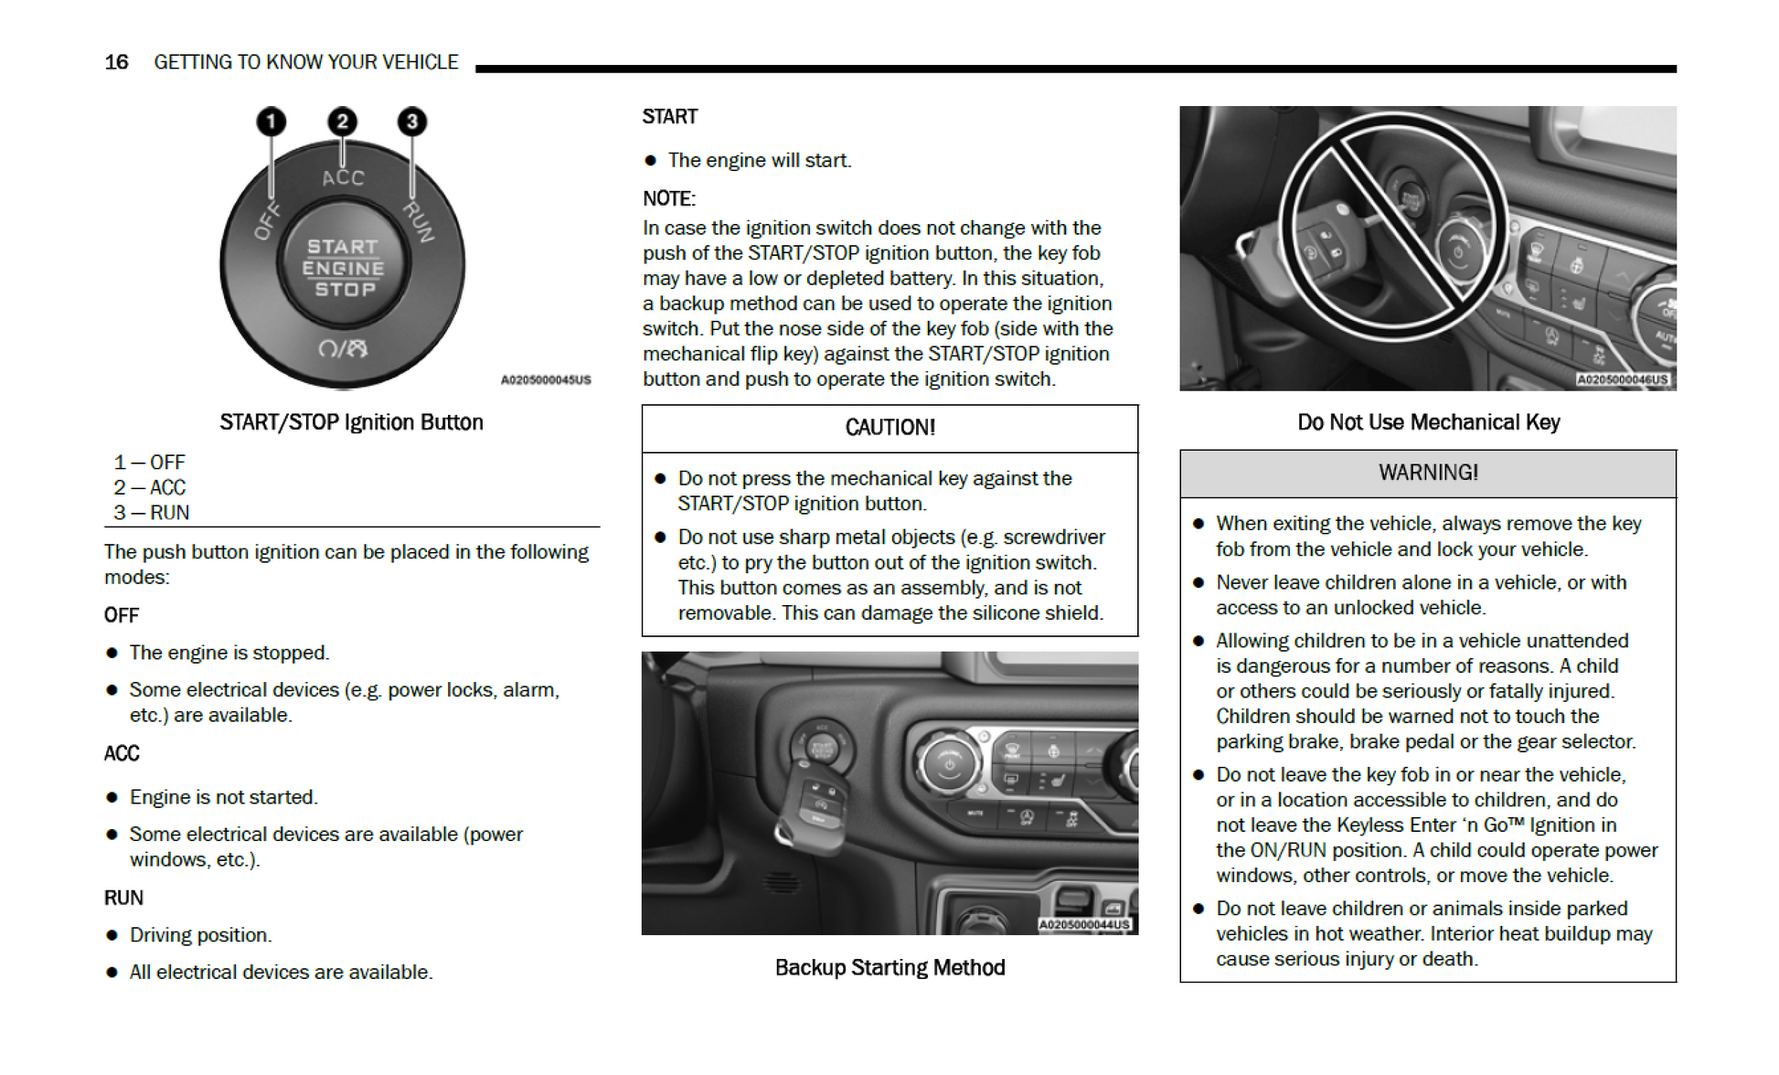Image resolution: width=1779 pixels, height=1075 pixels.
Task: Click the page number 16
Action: point(116,62)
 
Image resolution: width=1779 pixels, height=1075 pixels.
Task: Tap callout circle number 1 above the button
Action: point(271,122)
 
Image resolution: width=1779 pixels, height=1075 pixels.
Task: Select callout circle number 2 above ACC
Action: point(342,122)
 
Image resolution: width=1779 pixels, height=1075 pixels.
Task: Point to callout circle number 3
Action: point(412,122)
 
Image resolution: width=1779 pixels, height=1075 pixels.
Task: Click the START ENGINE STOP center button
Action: point(343,268)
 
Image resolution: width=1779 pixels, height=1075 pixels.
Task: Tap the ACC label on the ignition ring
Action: point(343,178)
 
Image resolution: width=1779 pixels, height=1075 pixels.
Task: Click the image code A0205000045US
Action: point(545,380)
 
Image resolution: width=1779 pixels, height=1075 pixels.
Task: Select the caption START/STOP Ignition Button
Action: point(351,422)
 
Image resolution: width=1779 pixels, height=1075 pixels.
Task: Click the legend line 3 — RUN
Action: point(152,513)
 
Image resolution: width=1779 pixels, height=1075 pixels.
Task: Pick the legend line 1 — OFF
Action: point(150,463)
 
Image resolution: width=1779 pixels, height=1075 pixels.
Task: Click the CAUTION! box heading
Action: point(889,428)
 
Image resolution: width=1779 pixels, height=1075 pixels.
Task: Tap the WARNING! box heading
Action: point(1428,473)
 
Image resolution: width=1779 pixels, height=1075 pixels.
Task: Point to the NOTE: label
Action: point(668,199)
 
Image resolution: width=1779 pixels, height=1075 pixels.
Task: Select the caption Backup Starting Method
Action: point(889,968)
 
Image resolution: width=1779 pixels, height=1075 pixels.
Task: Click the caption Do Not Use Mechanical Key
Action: point(1428,422)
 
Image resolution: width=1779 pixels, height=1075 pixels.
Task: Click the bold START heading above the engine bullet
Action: point(669,117)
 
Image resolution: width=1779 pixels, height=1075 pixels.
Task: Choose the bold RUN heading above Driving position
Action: point(123,899)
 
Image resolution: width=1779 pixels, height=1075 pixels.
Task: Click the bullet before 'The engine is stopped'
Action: point(112,654)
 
